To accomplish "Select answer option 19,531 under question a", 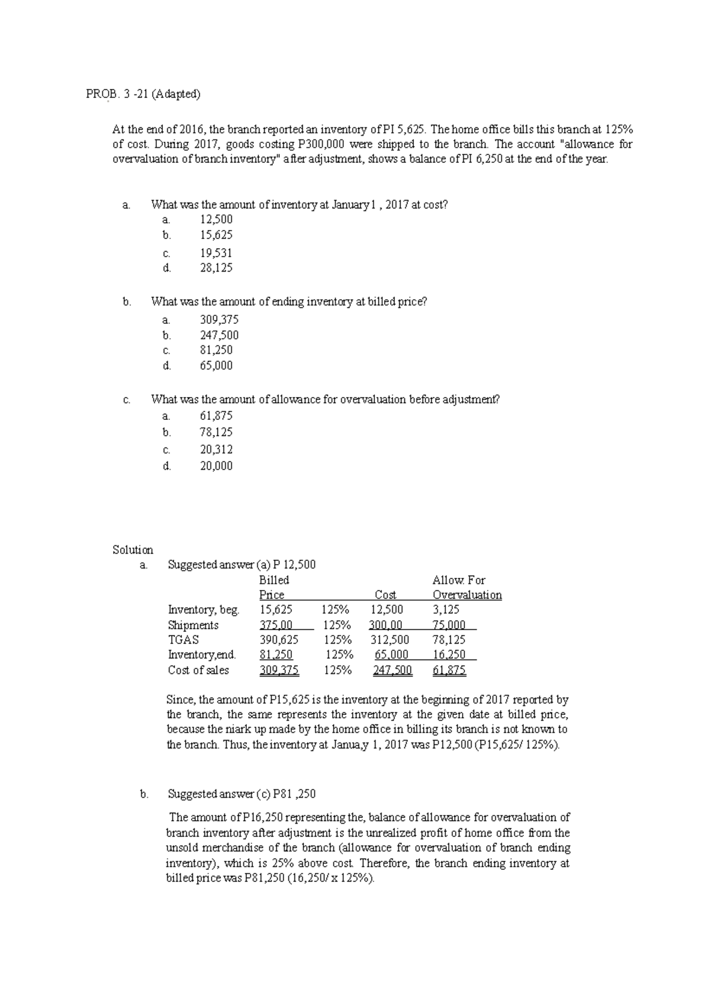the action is click(216, 253).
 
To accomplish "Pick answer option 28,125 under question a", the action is click(216, 268).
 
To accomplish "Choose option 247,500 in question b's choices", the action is click(219, 335).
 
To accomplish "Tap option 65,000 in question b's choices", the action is click(216, 365).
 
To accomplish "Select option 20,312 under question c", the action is click(216, 449).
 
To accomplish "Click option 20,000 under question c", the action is click(216, 466).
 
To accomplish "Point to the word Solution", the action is click(133, 550).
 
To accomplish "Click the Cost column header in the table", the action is click(385, 595).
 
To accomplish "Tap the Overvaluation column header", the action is click(467, 595).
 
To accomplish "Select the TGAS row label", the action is click(183, 640).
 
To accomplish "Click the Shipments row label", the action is click(193, 625).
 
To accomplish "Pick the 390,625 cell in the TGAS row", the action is click(278, 640).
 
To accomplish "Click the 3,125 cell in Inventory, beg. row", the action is click(446, 610).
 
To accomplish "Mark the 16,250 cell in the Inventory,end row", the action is click(449, 655).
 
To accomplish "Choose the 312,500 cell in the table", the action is click(390, 640).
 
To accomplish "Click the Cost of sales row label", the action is click(198, 670).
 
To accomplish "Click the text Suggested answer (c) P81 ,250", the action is click(242, 794).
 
